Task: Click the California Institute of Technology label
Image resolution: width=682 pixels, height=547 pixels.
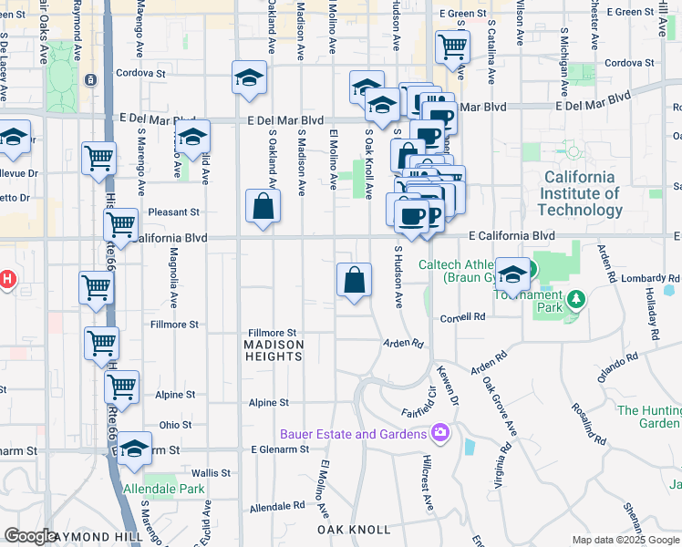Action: pyautogui.click(x=581, y=193)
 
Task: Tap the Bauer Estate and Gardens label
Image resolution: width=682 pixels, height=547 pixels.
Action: pyautogui.click(x=355, y=434)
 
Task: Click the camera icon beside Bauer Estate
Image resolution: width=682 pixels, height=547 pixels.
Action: pyautogui.click(x=440, y=432)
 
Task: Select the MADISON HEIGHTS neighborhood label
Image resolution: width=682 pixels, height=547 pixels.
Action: pyautogui.click(x=274, y=350)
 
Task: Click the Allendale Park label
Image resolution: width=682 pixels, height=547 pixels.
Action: pyautogui.click(x=164, y=490)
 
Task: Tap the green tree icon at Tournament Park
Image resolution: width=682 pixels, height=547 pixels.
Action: pyautogui.click(x=575, y=299)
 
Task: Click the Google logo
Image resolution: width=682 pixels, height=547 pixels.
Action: pyautogui.click(x=30, y=536)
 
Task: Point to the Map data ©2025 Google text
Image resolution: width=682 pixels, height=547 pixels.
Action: pyautogui.click(x=626, y=540)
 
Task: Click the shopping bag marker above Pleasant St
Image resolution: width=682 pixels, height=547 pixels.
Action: pyautogui.click(x=263, y=207)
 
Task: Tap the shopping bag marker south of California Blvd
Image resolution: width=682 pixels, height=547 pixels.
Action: pyautogui.click(x=354, y=280)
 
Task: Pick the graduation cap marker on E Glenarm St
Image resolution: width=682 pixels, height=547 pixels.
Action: pyautogui.click(x=135, y=449)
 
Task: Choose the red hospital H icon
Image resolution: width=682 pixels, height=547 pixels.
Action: pyautogui.click(x=6, y=279)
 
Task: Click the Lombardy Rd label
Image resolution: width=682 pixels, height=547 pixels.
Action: pyautogui.click(x=651, y=278)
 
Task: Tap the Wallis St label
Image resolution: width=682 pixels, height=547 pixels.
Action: pyautogui.click(x=211, y=473)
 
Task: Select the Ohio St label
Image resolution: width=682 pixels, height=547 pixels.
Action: pyautogui.click(x=175, y=425)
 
